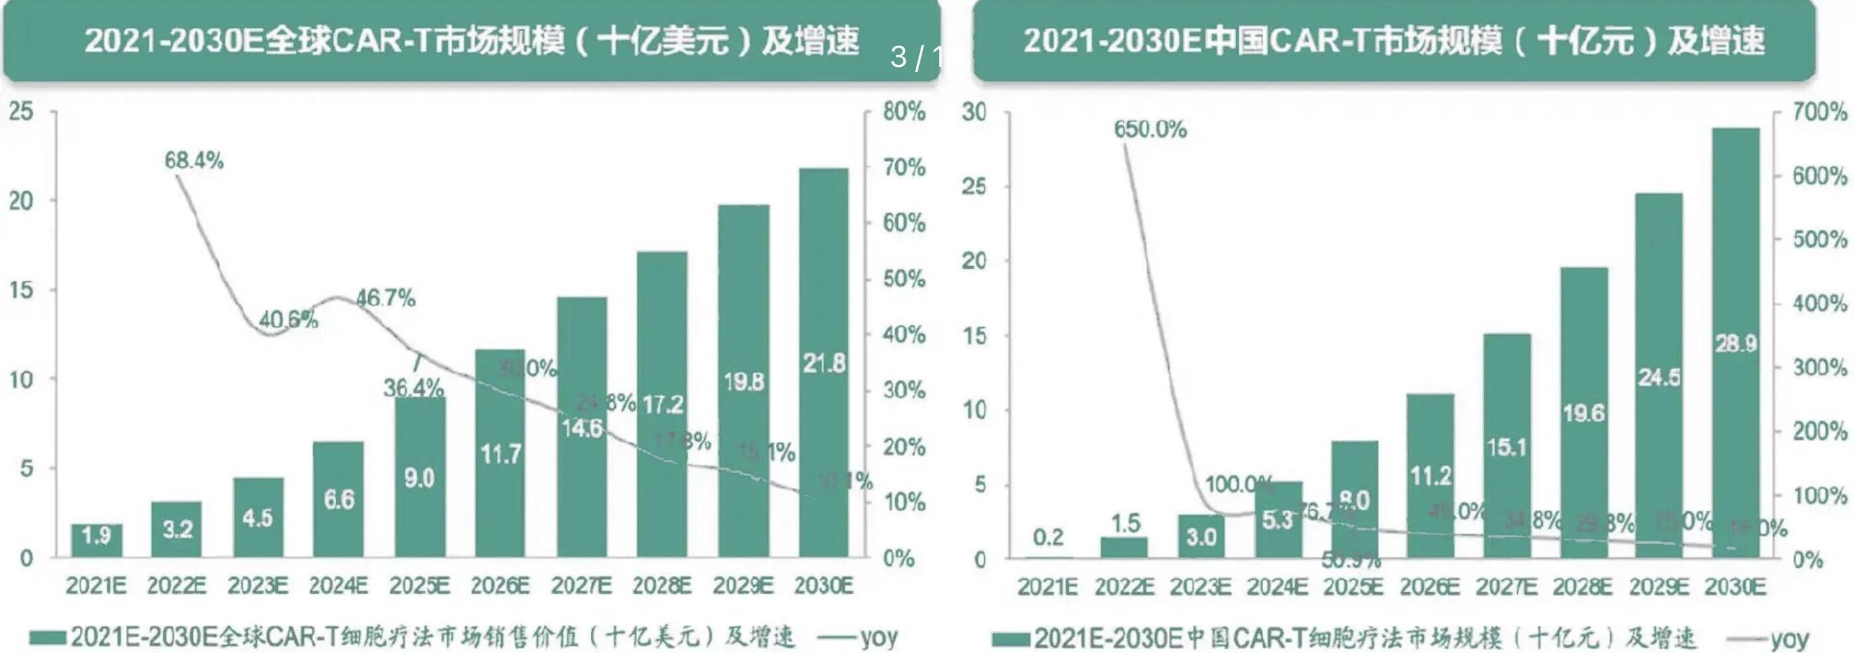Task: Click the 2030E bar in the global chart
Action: pos(824,363)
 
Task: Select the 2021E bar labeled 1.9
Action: pos(96,540)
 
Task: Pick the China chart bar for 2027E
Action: pos(1507,446)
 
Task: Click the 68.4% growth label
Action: pos(194,160)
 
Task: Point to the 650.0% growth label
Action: pos(1150,129)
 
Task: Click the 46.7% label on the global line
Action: pos(386,298)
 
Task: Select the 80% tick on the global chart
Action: pos(904,111)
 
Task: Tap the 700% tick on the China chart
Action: pos(1820,112)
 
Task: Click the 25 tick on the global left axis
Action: pos(21,111)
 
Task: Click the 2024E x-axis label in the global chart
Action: pos(338,586)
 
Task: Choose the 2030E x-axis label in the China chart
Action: pos(1735,587)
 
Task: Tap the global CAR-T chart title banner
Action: pos(471,40)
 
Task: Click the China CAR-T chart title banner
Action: pos(1394,40)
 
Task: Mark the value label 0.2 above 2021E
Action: pos(1048,537)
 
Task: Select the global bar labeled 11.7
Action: pos(500,454)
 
